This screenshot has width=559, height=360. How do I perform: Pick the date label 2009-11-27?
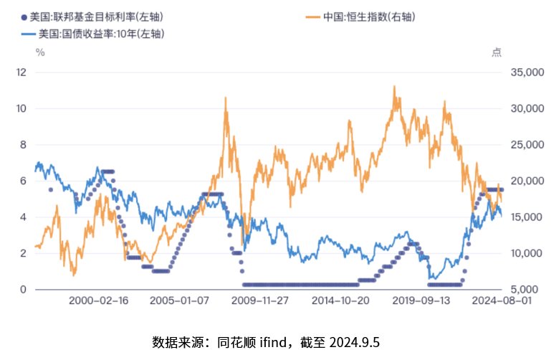260,302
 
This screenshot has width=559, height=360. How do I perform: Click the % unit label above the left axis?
41,51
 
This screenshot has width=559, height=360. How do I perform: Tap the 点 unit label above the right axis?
497,51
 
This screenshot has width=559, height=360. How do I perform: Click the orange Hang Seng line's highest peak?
393,87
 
